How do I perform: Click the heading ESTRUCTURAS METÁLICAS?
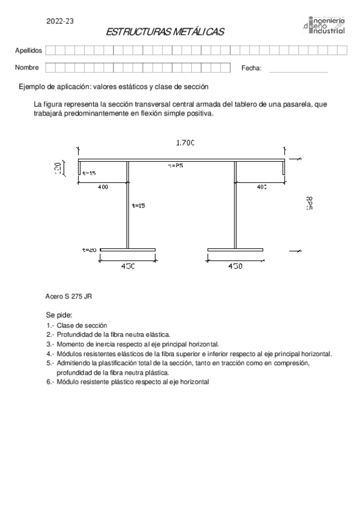(164, 32)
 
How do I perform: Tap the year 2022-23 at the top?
(60, 21)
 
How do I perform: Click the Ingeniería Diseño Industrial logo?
(325, 26)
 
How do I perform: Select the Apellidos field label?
(28, 51)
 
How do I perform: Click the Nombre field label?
(27, 67)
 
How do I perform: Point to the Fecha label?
(251, 68)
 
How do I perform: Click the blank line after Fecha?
(298, 72)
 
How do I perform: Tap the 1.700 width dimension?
(185, 143)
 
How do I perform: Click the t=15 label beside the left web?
(138, 206)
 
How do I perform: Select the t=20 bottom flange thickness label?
(90, 249)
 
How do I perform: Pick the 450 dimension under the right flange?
(235, 266)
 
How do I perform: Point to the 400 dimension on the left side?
(103, 188)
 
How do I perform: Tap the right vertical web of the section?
(235, 204)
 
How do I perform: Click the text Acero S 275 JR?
(69, 296)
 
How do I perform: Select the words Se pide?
(59, 315)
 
